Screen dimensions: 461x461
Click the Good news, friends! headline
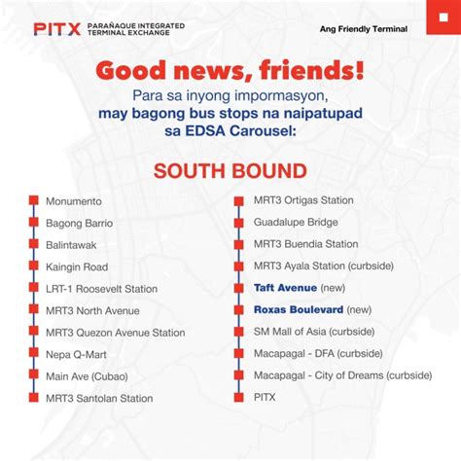click(230, 72)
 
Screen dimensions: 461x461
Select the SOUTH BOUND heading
click(230, 171)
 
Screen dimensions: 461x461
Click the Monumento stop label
click(73, 201)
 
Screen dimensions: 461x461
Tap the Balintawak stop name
click(71, 245)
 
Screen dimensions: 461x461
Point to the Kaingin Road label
click(77, 266)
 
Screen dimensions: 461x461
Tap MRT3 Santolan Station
click(99, 398)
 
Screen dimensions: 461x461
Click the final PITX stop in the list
click(266, 397)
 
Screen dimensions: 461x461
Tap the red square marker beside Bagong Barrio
click(34, 223)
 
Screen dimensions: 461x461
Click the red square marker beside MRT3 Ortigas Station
click(242, 200)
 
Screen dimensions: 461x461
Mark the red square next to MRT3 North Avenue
click(34, 310)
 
